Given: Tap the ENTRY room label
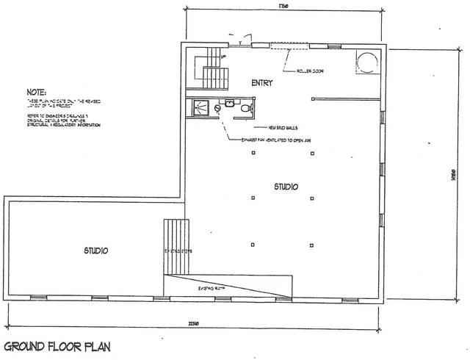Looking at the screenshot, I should pyautogui.click(x=262, y=83).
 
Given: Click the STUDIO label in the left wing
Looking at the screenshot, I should pyautogui.click(x=95, y=251).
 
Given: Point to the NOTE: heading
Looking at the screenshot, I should pyautogui.click(x=36, y=94).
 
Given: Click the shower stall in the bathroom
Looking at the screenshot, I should pyautogui.click(x=199, y=109).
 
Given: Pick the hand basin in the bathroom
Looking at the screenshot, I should pyautogui.click(x=230, y=104).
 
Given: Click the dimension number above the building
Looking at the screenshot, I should pyautogui.click(x=282, y=8).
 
